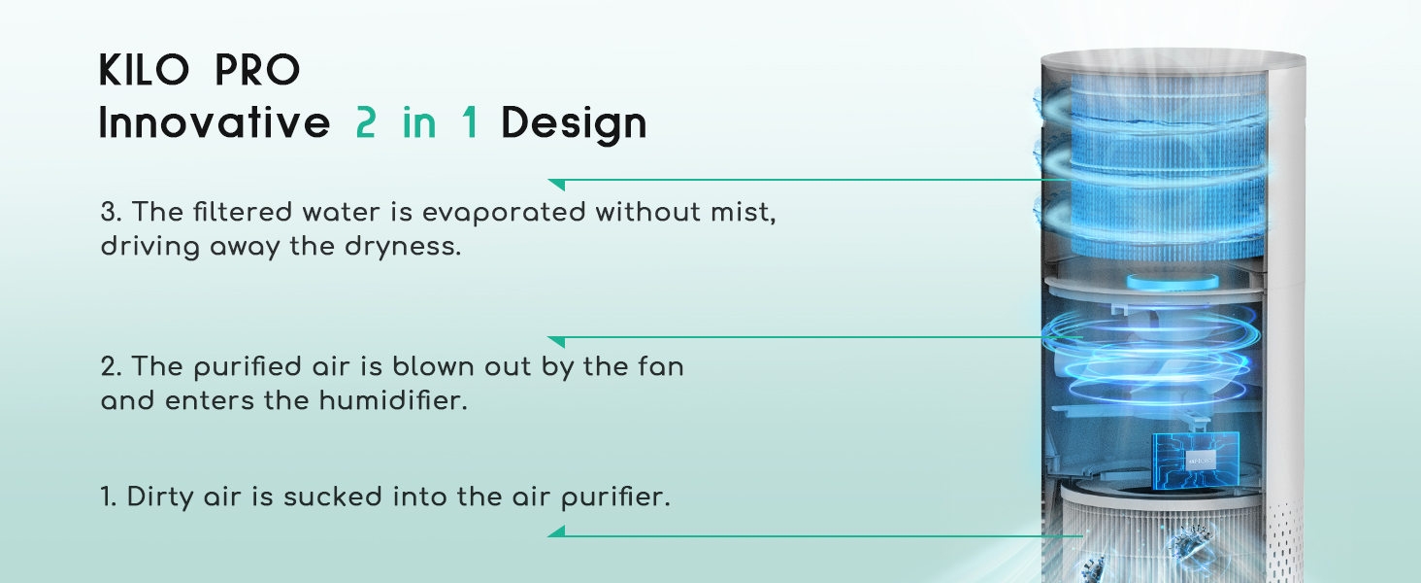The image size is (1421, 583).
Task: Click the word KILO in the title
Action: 142,70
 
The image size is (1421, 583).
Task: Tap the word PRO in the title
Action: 257,70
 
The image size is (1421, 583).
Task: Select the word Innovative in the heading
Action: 215,123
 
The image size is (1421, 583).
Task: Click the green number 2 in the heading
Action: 365,123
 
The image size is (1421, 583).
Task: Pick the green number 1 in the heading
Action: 470,123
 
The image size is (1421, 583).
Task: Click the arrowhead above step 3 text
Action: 556,183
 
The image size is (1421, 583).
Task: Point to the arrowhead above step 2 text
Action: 556,341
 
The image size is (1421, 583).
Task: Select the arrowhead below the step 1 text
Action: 556,531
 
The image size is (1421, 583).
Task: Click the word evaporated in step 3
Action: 505,213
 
